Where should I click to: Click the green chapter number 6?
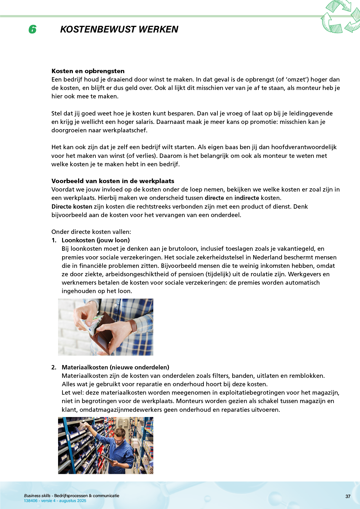33,29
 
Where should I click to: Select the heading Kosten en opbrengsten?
88,71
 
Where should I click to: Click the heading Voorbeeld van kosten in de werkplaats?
113,181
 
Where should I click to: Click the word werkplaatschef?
126,130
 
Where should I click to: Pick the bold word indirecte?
246,198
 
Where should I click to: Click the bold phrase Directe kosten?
72,207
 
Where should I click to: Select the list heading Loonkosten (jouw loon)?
96,240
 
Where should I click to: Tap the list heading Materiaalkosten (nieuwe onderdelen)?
115,367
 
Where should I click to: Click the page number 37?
348,497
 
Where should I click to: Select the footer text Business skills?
37,496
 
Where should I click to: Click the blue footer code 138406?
31,501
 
